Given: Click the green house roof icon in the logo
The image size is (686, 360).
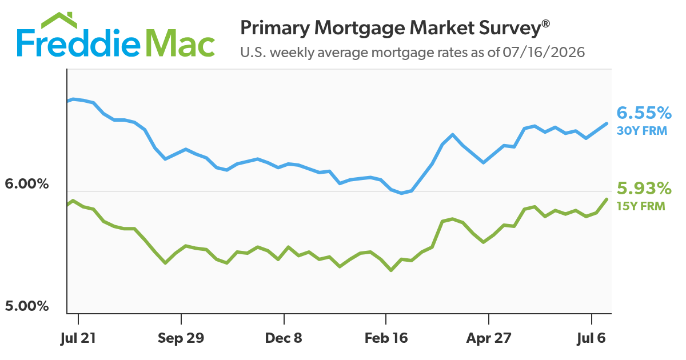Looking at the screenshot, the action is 59,20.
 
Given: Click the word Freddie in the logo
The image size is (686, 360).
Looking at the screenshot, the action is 78,43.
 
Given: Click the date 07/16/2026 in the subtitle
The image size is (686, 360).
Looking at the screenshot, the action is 544,53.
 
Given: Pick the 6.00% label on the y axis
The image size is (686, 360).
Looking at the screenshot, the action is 27,184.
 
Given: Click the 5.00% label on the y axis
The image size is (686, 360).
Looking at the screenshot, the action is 27,306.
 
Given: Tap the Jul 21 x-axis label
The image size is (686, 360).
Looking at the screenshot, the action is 78,338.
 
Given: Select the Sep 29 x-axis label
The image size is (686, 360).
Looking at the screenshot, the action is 181,338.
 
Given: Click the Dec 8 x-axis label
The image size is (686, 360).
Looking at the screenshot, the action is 284,338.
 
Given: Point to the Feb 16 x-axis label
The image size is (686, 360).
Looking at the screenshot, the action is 386,338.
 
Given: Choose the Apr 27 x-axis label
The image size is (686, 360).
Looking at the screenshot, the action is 489,338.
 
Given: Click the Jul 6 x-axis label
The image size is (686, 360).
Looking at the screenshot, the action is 591,338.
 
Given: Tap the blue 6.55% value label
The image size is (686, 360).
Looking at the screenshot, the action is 644,113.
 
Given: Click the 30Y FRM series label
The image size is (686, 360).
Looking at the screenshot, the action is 642,131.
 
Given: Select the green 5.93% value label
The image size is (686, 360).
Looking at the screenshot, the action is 644,188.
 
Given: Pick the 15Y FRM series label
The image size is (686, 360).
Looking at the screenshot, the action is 641,206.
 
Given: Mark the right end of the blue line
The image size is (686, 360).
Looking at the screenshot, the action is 607,123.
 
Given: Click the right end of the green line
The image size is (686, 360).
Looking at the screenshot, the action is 607,199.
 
